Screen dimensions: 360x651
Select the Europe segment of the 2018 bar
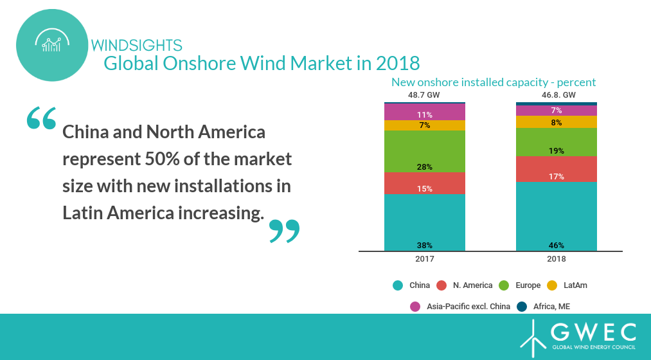556,142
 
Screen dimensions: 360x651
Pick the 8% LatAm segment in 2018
556,122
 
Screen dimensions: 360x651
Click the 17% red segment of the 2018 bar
556,169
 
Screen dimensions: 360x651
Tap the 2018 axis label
556,259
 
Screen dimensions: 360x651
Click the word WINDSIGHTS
137,45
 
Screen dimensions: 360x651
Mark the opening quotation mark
42,118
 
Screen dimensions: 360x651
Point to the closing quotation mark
284,231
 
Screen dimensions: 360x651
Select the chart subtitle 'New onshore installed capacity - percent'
494,82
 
